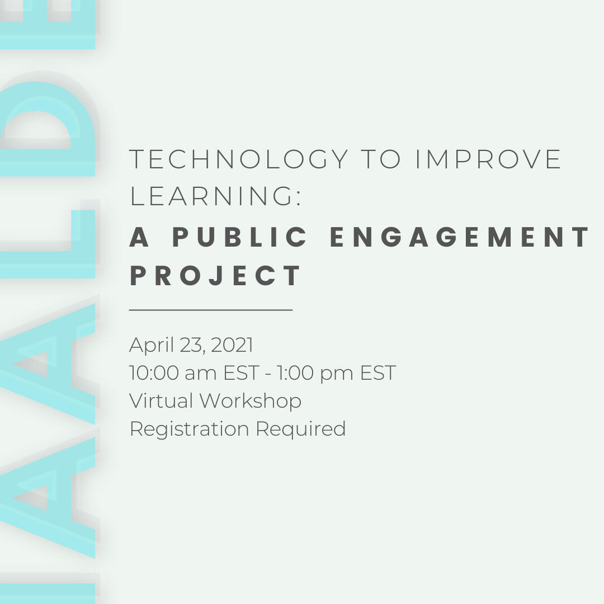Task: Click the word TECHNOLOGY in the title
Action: point(239,159)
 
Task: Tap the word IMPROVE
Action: point(488,159)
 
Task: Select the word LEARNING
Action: point(211,196)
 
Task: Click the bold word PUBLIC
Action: point(239,237)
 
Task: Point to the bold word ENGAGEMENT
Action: point(459,237)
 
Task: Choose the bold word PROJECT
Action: point(215,275)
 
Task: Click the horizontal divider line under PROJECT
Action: point(211,309)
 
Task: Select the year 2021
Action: point(232,345)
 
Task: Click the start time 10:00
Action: point(154,373)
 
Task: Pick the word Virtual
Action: point(161,400)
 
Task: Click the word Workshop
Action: point(251,402)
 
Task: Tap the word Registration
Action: point(189,430)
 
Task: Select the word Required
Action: point(300,430)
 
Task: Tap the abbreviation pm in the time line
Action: point(336,374)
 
